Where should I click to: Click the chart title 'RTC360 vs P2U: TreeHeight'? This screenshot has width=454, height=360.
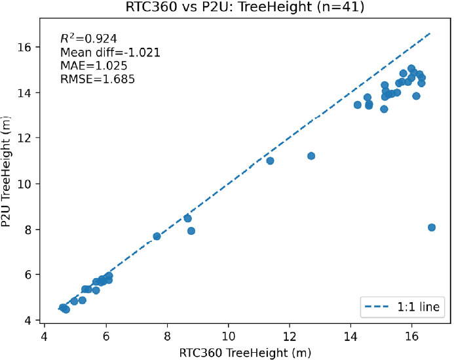click(227, 8)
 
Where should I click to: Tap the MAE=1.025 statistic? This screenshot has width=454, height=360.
click(86, 66)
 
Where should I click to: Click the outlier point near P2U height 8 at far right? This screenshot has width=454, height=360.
click(432, 228)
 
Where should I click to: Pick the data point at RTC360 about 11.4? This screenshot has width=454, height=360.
click(270, 161)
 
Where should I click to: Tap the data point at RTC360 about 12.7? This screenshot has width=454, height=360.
click(311, 156)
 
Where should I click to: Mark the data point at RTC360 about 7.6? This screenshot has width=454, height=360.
click(157, 236)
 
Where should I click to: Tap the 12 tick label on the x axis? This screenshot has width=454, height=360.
click(290, 336)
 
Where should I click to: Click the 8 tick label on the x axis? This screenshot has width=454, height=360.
click(168, 336)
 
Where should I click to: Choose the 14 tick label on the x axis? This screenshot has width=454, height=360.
click(350, 336)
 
